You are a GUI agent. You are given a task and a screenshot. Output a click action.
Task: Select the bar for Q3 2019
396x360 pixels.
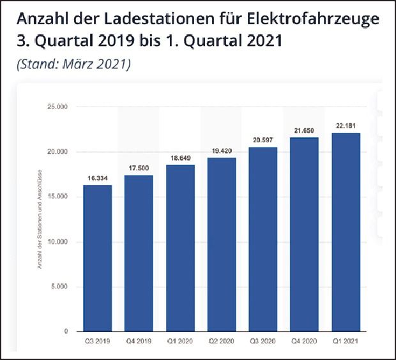(x=97, y=258)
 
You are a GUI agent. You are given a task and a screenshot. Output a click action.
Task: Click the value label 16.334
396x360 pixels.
(x=97, y=179)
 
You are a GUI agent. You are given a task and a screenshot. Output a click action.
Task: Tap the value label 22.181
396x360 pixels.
(x=346, y=126)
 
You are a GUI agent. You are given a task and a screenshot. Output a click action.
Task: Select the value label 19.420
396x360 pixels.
(x=221, y=151)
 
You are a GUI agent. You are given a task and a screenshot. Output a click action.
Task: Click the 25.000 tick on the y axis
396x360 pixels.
(x=58, y=107)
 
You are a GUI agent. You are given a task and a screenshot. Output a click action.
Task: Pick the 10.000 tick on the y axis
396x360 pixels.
(x=58, y=242)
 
